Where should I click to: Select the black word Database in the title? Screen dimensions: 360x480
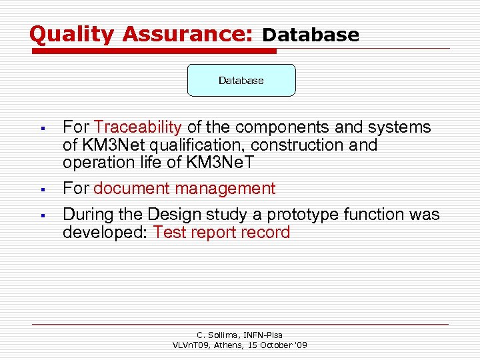pos(311,35)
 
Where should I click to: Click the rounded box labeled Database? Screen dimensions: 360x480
pos(241,81)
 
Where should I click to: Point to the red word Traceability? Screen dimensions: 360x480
pos(138,127)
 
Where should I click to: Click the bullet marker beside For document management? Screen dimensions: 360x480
pos(41,189)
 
